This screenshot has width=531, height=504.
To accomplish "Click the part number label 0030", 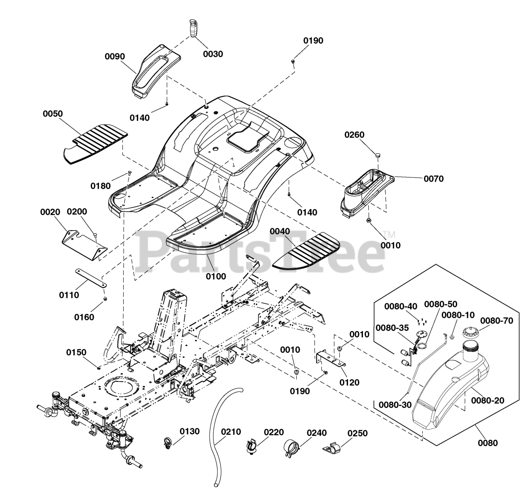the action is tap(213, 54).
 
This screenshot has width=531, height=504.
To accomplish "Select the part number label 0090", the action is tap(115, 57).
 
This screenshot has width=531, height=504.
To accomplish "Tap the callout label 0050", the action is tap(53, 113).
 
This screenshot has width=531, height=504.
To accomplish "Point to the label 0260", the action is tap(354, 135).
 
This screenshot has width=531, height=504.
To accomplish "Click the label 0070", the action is tap(434, 179).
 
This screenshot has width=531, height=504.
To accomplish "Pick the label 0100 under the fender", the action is tap(216, 276).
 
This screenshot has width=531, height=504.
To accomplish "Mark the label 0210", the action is tap(231, 432).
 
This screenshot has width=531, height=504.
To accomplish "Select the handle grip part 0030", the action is tap(193, 28).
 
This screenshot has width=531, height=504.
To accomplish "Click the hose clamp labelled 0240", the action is tap(292, 447).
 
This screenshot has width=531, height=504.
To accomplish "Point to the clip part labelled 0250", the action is tap(332, 449).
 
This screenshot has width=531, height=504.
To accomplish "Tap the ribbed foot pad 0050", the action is tap(96, 144).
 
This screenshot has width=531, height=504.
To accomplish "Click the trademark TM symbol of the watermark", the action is tap(389, 234).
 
